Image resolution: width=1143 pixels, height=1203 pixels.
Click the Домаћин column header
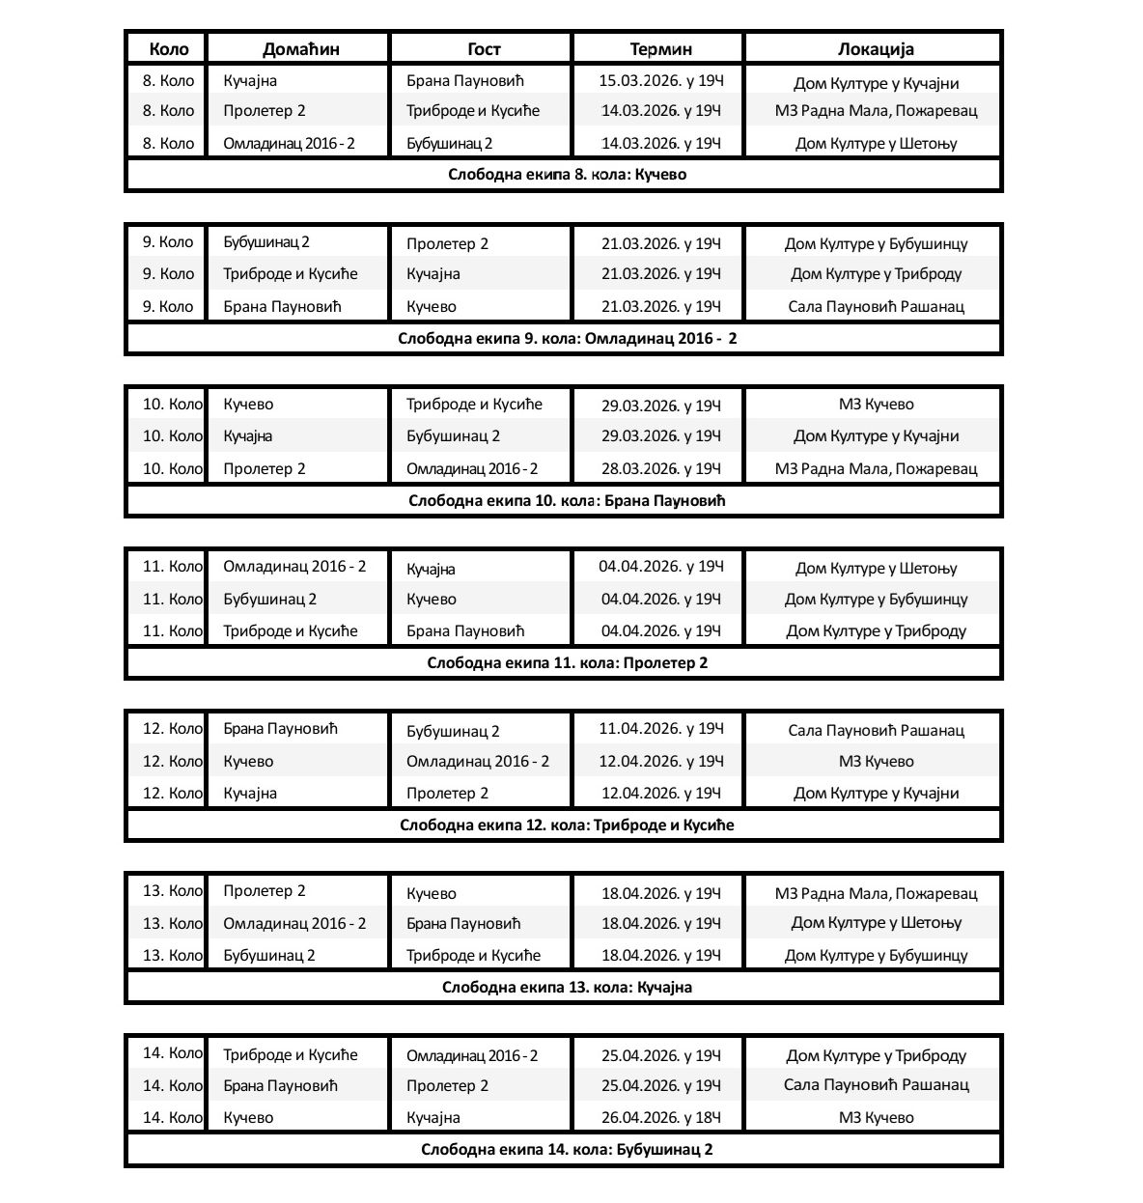pyautogui.click(x=300, y=48)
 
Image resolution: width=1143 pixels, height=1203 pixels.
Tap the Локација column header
pyautogui.click(x=875, y=48)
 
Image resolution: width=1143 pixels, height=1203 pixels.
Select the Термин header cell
pyautogui.click(x=660, y=48)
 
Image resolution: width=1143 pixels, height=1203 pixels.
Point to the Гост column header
pyautogui.click(x=484, y=48)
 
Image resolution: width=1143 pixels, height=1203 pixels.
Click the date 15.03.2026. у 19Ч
pyautogui.click(x=660, y=81)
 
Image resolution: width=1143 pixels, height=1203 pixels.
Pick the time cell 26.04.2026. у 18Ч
pyautogui.click(x=660, y=1117)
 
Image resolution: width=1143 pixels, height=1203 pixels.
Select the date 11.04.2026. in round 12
pyautogui.click(x=660, y=729)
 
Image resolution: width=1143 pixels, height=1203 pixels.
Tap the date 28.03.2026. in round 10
pyautogui.click(x=660, y=468)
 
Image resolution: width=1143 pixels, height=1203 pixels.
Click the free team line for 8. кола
pyautogui.click(x=567, y=175)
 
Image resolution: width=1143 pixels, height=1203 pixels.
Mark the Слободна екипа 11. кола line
pyautogui.click(x=567, y=663)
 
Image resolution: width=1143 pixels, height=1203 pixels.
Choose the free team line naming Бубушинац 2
pyautogui.click(x=567, y=1149)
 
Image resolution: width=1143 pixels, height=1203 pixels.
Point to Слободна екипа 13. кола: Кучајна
pyautogui.click(x=567, y=987)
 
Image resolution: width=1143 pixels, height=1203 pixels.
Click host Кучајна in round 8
pyautogui.click(x=250, y=81)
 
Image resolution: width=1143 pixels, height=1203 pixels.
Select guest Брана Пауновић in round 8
pyautogui.click(x=464, y=81)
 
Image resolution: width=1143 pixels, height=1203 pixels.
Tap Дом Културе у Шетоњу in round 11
pyautogui.click(x=876, y=568)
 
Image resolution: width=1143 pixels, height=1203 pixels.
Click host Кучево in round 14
pyautogui.click(x=248, y=1117)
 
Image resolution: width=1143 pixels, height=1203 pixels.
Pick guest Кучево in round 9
pyautogui.click(x=432, y=306)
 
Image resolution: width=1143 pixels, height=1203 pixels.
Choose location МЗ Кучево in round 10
pyautogui.click(x=876, y=405)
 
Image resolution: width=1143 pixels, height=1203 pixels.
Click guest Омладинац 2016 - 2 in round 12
pyautogui.click(x=477, y=761)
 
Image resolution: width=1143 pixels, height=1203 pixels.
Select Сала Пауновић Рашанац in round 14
pyautogui.click(x=876, y=1085)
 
